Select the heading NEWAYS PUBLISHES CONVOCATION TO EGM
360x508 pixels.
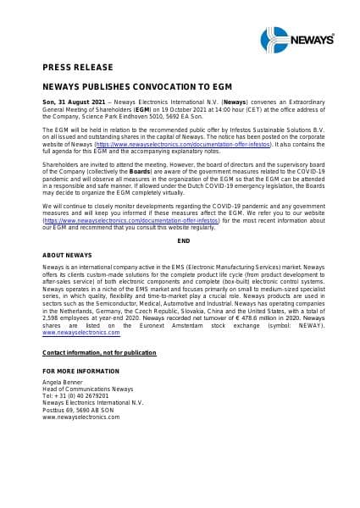(x=124, y=87)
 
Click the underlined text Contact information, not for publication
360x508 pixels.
(x=99, y=351)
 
